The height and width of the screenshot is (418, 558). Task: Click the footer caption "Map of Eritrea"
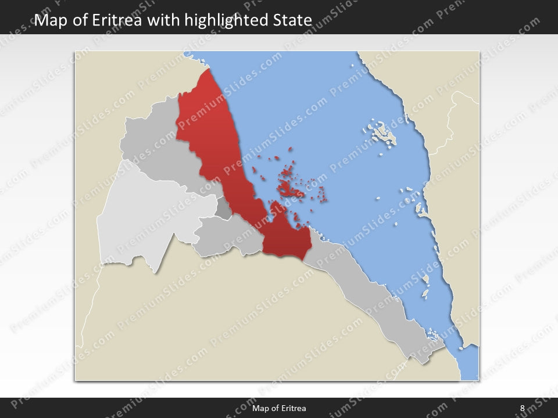(x=279, y=408)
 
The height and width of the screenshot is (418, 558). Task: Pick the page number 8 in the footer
(x=522, y=408)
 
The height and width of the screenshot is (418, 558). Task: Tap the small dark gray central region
(x=224, y=208)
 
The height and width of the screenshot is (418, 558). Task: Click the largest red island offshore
(x=285, y=189)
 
